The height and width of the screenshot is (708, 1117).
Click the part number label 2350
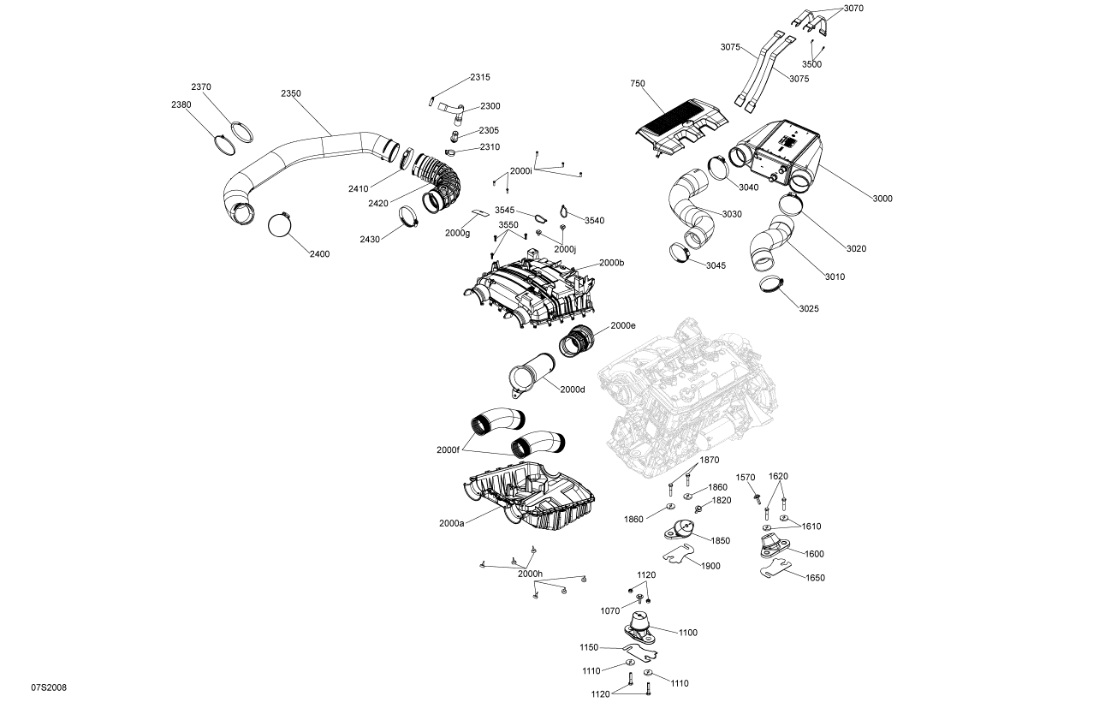291,93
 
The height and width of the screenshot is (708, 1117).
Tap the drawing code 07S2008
49,687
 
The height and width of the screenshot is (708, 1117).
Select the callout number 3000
882,199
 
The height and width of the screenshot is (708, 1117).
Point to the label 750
637,84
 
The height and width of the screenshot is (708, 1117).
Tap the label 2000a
451,523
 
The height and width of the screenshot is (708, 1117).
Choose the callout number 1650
816,578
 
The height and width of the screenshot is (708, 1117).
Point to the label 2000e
623,326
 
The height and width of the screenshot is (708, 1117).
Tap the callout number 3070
853,9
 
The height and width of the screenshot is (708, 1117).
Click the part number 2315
479,77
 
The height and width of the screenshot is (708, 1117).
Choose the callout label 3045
716,265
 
